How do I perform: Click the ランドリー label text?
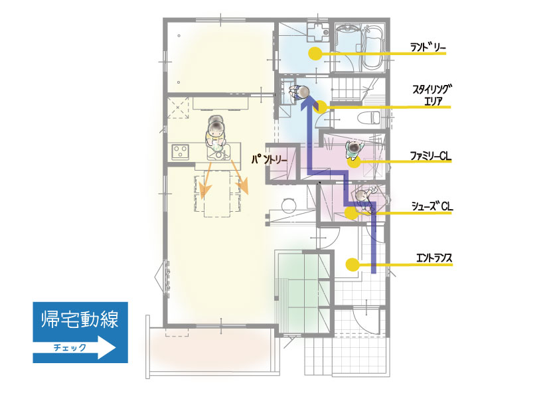tap(428, 47)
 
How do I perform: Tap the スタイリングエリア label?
tap(432, 95)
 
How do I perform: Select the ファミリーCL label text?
tap(430, 156)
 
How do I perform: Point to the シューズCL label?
tap(432, 206)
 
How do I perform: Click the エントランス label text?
tap(434, 258)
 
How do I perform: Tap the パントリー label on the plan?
tap(269, 159)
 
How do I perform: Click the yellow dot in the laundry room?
tap(315, 54)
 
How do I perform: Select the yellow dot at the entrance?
tap(353, 264)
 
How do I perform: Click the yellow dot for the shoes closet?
tap(351, 213)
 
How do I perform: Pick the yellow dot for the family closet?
tap(354, 161)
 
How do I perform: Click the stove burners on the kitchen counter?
tap(181, 151)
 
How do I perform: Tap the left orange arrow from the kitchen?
tap(206, 180)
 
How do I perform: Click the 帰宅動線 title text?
tap(80, 319)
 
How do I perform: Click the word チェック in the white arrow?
tap(70, 347)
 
